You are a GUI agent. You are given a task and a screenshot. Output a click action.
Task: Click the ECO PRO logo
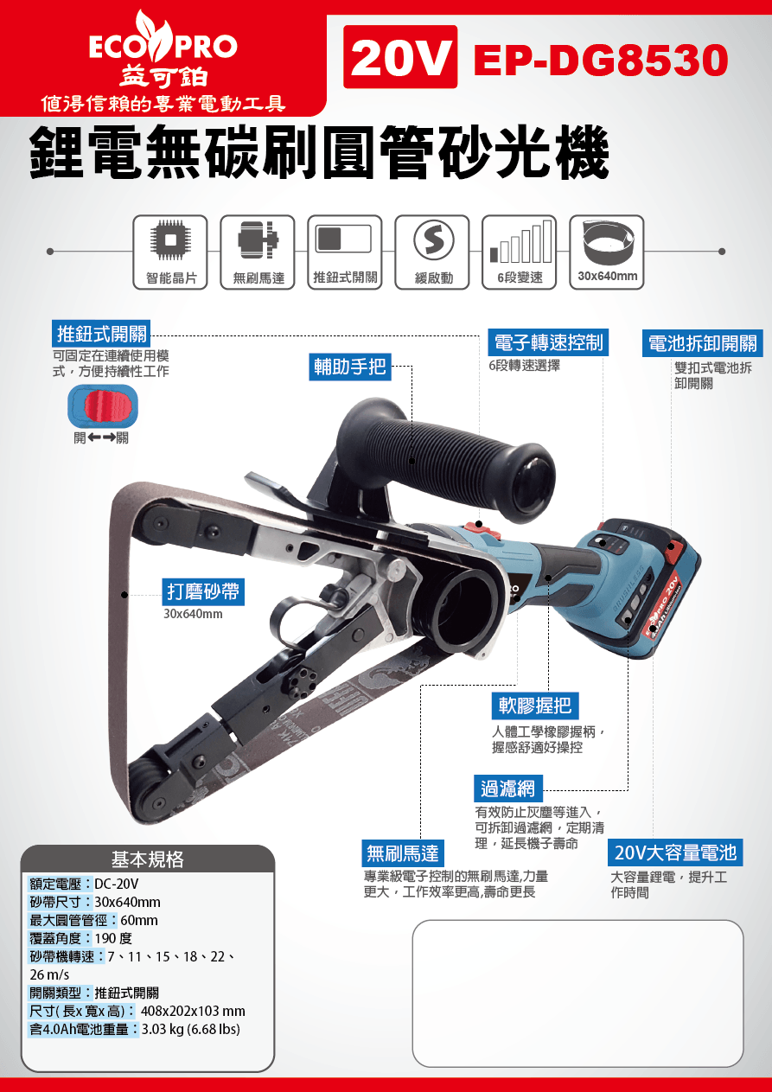point(163,49)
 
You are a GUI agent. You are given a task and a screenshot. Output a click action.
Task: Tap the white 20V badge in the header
point(400,57)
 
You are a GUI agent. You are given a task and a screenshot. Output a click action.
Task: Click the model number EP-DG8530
point(601,60)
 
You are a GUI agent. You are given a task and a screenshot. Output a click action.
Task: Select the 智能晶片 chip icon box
point(170,252)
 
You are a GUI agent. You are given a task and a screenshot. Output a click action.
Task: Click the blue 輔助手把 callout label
point(350,367)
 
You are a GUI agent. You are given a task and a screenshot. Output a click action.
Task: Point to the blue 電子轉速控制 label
point(548,342)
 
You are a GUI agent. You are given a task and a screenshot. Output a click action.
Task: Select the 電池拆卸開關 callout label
point(702,343)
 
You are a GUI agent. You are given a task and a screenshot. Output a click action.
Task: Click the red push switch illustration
point(103,406)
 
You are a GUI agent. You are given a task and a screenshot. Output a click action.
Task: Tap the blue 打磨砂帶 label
point(203,592)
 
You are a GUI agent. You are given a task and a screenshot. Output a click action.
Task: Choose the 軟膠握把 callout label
point(535,706)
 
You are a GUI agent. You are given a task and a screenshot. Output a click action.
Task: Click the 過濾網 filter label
point(508,789)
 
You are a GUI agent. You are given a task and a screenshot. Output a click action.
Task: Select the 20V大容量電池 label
point(675,853)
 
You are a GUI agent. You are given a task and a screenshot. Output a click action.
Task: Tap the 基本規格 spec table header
point(148,859)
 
